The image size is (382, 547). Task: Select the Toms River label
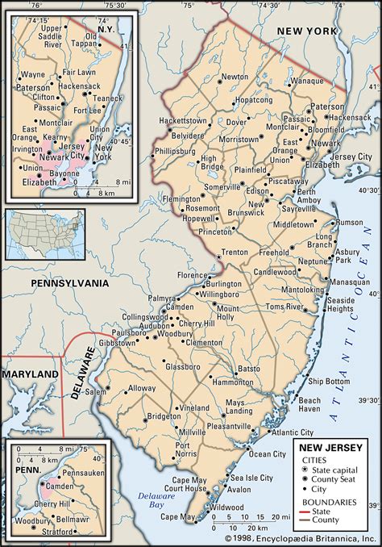click(x=285, y=307)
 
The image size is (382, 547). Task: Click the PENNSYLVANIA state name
click(x=69, y=284)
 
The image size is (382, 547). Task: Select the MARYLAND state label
click(x=30, y=375)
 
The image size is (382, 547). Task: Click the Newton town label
click(x=235, y=77)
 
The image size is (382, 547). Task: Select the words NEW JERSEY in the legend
click(x=331, y=447)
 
